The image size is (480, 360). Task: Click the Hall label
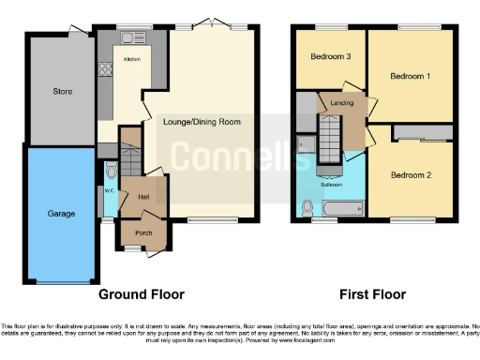143,197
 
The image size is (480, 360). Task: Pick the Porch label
143,234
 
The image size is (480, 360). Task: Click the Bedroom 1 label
410,76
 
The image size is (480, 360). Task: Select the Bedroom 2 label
410,175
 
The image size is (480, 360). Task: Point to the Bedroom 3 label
330,57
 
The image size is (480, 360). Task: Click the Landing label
340,104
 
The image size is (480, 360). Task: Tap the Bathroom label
332,185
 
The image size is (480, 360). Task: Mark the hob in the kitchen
104,69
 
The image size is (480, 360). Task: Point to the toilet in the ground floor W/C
111,172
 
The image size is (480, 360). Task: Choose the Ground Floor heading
141,294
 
